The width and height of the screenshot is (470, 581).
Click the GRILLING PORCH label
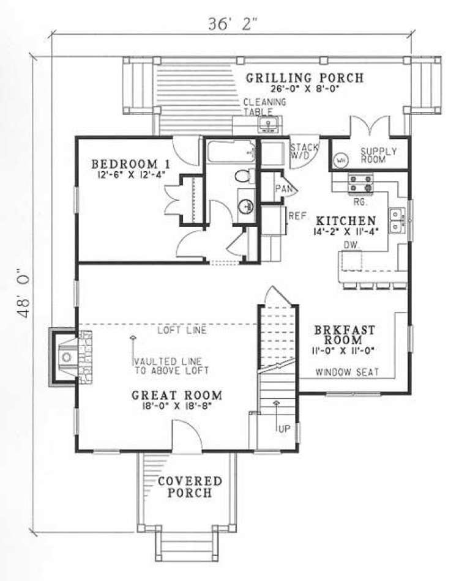coord(305,78)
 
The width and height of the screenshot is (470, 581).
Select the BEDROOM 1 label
coord(130,164)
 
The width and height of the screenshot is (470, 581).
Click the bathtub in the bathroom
coord(230,151)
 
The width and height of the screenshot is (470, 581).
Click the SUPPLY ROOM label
coord(378,156)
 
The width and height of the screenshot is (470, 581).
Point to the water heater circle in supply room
coord(341,160)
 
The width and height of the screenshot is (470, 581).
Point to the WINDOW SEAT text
coord(347,371)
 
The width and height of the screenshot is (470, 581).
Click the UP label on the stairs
coord(283,429)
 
